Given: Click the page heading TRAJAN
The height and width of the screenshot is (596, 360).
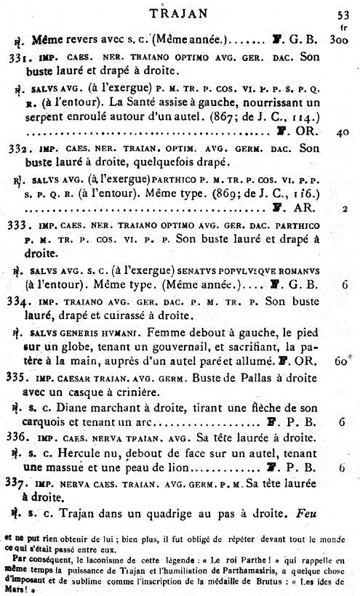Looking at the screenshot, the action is pyautogui.click(x=178, y=12).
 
